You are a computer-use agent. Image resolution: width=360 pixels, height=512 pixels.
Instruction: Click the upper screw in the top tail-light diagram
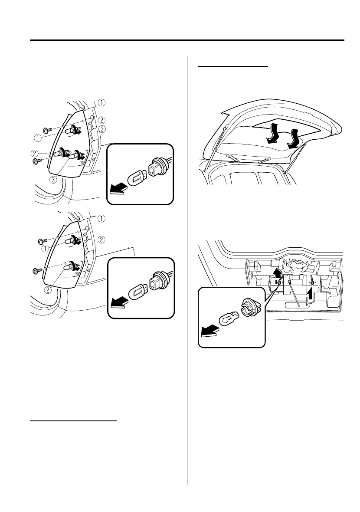pos(47,130)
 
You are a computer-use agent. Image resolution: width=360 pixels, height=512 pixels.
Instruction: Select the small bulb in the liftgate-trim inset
pos(227,319)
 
